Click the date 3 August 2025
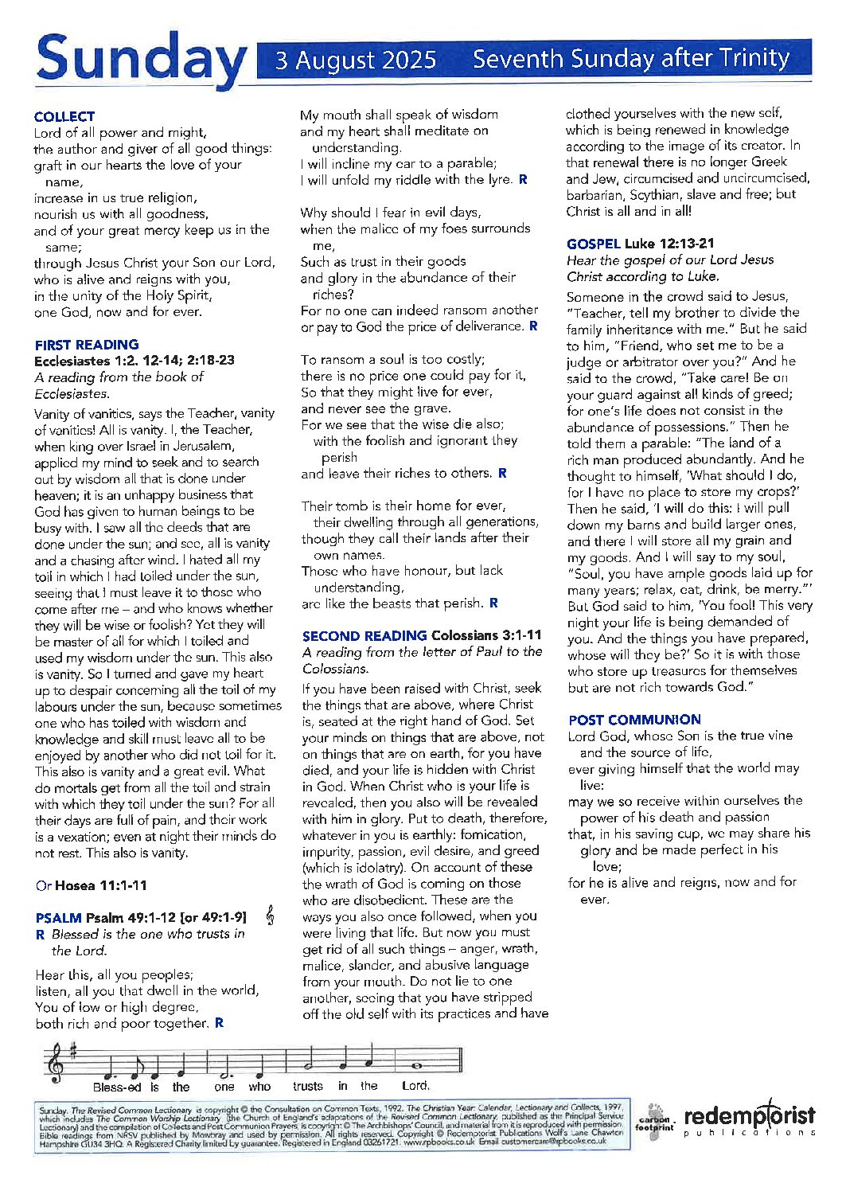356,61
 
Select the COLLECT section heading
64,116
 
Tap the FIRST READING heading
87,345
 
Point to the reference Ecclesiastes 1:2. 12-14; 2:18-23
134,361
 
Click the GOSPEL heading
593,244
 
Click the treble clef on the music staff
56,1064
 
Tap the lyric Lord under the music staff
415,1085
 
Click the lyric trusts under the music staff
308,1086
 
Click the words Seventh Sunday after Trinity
630,59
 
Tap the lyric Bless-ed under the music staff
117,1087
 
